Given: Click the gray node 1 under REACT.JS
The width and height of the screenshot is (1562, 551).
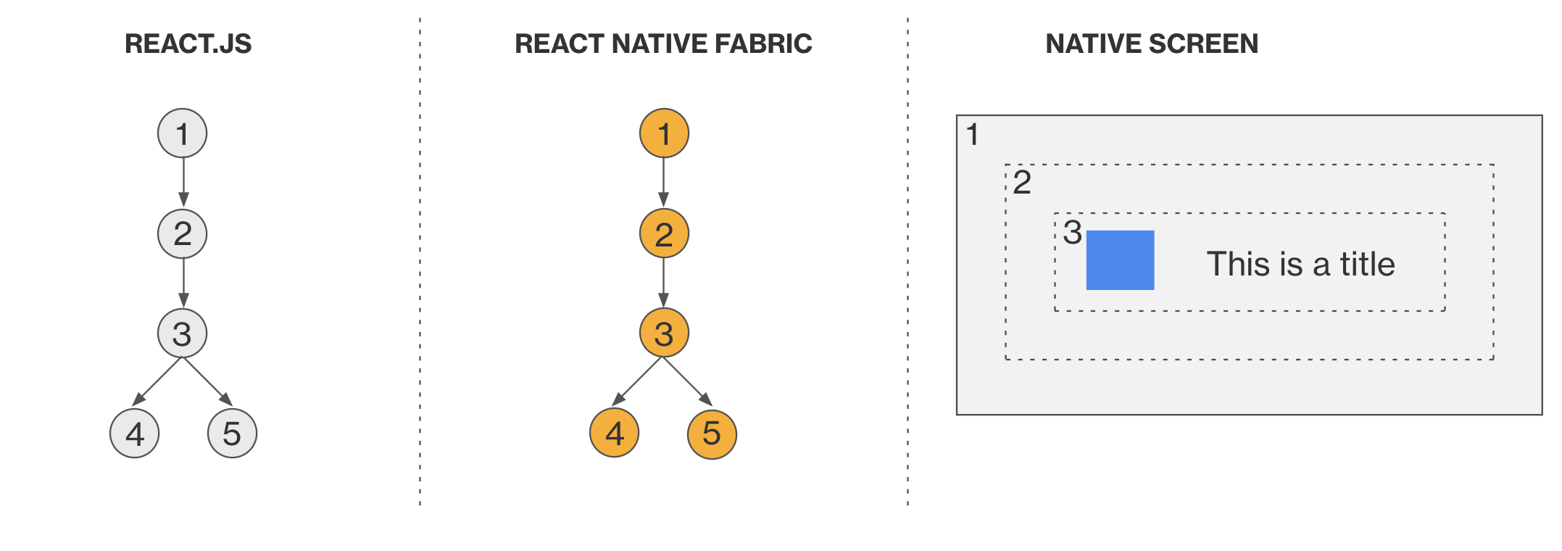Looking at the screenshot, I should pyautogui.click(x=182, y=133).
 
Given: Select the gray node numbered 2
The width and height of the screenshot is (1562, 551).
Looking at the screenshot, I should pyautogui.click(x=182, y=233).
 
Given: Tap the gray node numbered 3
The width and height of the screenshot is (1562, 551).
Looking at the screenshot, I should pyautogui.click(x=182, y=333).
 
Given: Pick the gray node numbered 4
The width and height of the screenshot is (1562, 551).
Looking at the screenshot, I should pyautogui.click(x=134, y=434).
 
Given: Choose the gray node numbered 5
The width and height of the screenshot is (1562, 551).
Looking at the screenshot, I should pyautogui.click(x=232, y=434).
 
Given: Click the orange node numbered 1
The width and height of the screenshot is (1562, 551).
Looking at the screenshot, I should pyautogui.click(x=664, y=133).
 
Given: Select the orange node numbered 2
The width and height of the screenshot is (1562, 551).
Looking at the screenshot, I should pyautogui.click(x=664, y=233).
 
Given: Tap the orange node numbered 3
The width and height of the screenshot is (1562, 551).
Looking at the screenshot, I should pyautogui.click(x=664, y=333).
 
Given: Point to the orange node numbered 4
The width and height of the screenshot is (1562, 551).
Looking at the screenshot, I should pyautogui.click(x=615, y=434).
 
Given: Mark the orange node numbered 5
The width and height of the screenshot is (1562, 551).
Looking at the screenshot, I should pyautogui.click(x=712, y=434).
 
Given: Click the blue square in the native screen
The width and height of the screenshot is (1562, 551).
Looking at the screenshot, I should pyautogui.click(x=1120, y=260).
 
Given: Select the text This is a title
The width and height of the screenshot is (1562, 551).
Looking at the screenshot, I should pyautogui.click(x=1300, y=264).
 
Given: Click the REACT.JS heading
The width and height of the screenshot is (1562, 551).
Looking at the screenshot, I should pyautogui.click(x=188, y=44).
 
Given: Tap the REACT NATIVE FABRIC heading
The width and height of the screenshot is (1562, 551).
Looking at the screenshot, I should pyautogui.click(x=663, y=44).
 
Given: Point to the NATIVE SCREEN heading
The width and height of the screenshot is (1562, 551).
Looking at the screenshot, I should pyautogui.click(x=1152, y=44).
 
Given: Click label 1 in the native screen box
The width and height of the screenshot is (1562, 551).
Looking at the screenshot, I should pyautogui.click(x=973, y=135).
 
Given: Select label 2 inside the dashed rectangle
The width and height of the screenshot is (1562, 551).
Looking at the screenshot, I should pyautogui.click(x=1022, y=182).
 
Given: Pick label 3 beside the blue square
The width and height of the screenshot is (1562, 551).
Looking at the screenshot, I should pyautogui.click(x=1072, y=233).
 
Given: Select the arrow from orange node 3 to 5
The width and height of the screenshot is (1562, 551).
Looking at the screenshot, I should pyautogui.click(x=687, y=381).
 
